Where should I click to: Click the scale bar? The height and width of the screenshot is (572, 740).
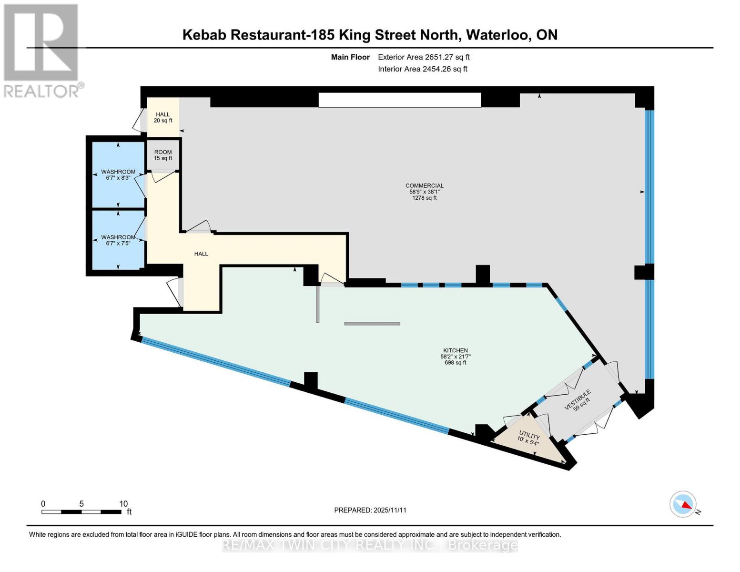point(81,511)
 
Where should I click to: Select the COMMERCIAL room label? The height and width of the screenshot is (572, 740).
point(424,186)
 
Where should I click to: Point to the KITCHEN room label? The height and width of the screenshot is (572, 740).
point(455,350)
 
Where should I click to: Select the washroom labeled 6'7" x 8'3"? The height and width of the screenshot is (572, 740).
point(118,174)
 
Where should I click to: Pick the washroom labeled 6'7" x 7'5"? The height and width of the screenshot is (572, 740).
point(118,240)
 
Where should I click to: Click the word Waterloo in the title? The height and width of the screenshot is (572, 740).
point(497,35)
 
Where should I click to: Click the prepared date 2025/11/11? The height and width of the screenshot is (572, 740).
point(390,510)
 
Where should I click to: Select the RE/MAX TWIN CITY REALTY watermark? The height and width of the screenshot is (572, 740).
point(370,545)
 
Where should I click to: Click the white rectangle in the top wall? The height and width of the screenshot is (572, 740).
point(399,100)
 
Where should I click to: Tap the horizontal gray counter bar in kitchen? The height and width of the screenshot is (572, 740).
point(372,324)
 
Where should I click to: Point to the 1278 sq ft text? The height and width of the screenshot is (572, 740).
point(424,198)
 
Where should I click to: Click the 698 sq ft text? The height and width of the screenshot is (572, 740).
point(455,363)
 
